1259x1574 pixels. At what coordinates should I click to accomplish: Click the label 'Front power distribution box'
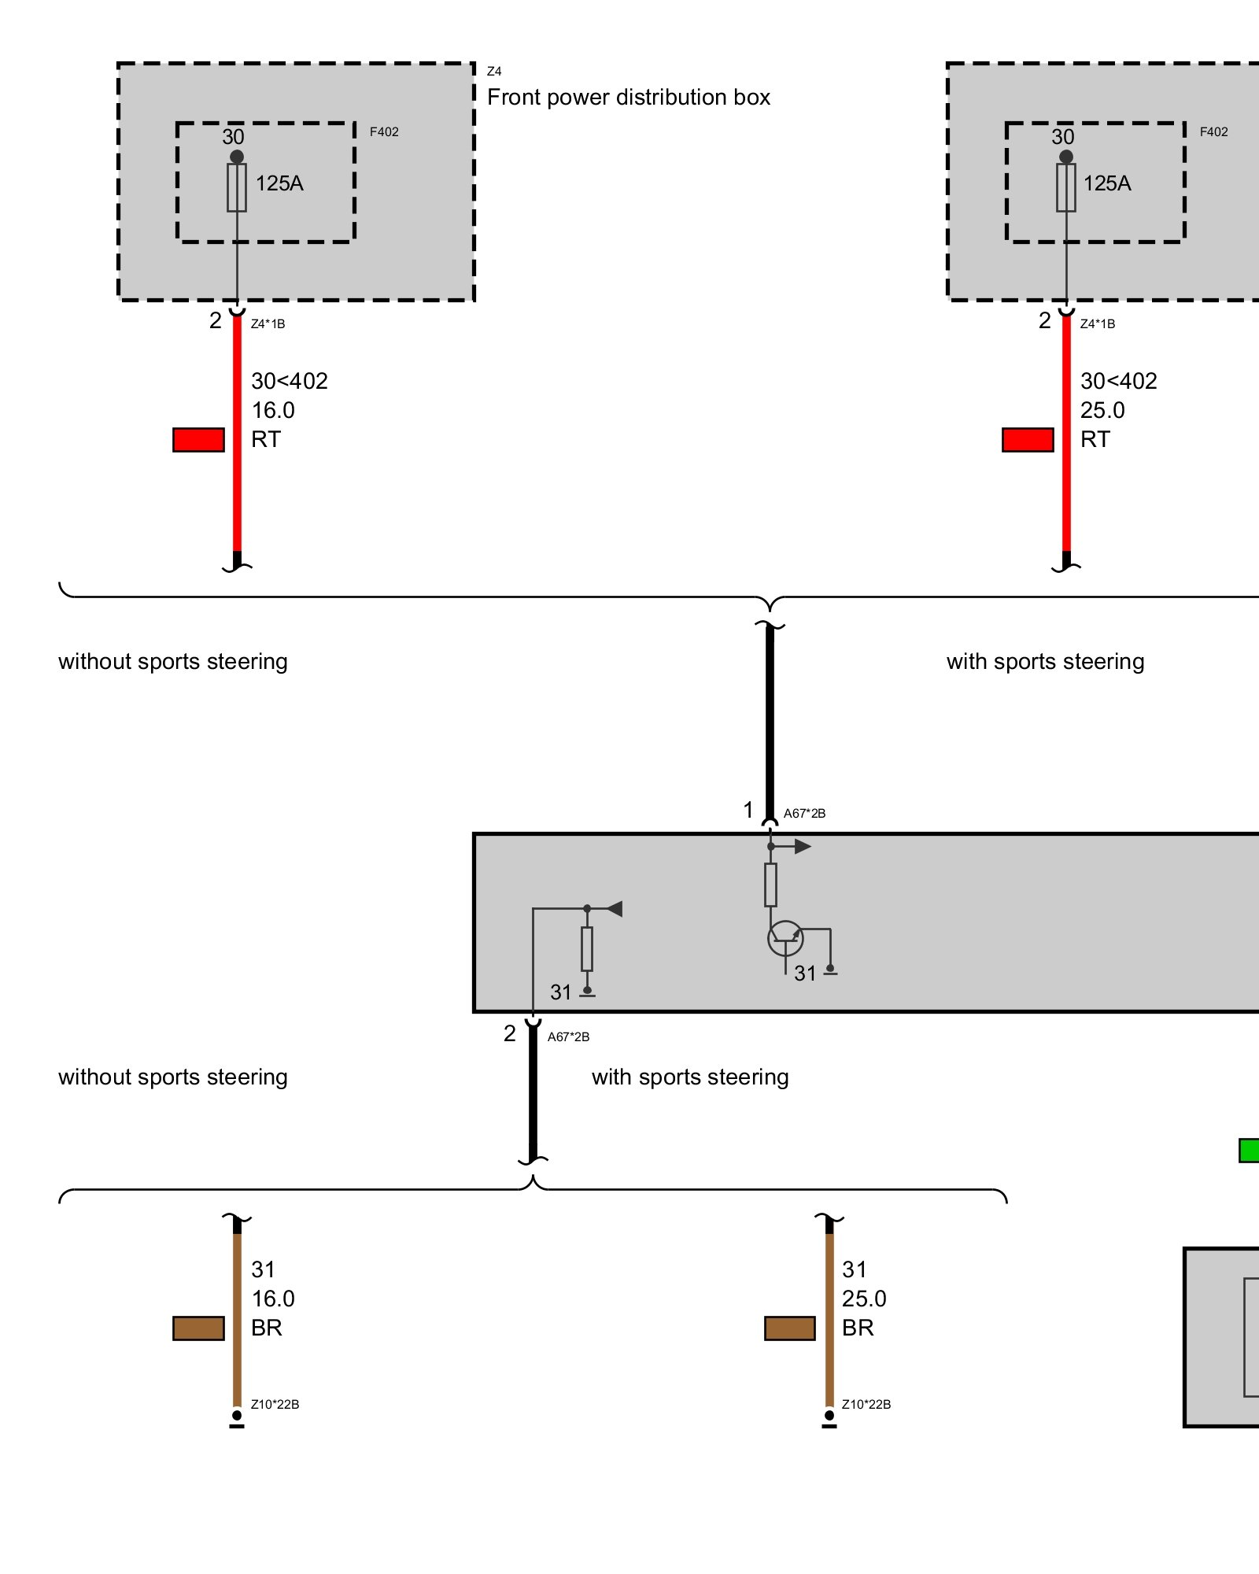click(x=628, y=98)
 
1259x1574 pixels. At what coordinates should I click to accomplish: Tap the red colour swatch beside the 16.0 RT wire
click(x=198, y=440)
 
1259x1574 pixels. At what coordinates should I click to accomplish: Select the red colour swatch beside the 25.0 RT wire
click(x=1028, y=440)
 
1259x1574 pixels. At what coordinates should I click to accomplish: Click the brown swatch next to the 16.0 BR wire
click(x=198, y=1328)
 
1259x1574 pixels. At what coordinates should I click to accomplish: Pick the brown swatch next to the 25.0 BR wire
click(x=789, y=1328)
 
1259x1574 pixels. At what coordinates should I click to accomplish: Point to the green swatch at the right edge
click(x=1250, y=1151)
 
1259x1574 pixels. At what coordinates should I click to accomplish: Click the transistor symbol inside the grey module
click(x=785, y=938)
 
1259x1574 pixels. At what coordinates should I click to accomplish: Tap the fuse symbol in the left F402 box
click(x=237, y=187)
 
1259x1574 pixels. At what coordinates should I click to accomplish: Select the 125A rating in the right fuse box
click(x=1107, y=183)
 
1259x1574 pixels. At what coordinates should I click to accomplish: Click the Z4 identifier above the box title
click(x=494, y=72)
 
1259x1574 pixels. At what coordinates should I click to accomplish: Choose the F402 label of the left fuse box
click(x=384, y=132)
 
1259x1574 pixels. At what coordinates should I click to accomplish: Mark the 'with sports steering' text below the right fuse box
click(x=1045, y=662)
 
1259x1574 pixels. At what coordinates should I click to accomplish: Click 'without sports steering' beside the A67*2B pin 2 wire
click(x=173, y=1077)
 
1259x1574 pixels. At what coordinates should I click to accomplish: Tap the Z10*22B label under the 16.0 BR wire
click(x=275, y=1405)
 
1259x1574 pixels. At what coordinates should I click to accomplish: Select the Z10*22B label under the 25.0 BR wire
click(x=866, y=1405)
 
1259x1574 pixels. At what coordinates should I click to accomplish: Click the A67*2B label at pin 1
click(x=804, y=814)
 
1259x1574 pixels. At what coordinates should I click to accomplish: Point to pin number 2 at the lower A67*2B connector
click(x=510, y=1033)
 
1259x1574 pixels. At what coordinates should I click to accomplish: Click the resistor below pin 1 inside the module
click(x=770, y=885)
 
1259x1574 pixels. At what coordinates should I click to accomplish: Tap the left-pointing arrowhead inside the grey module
click(x=615, y=909)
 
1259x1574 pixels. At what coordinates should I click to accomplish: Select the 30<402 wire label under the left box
click(x=290, y=382)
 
